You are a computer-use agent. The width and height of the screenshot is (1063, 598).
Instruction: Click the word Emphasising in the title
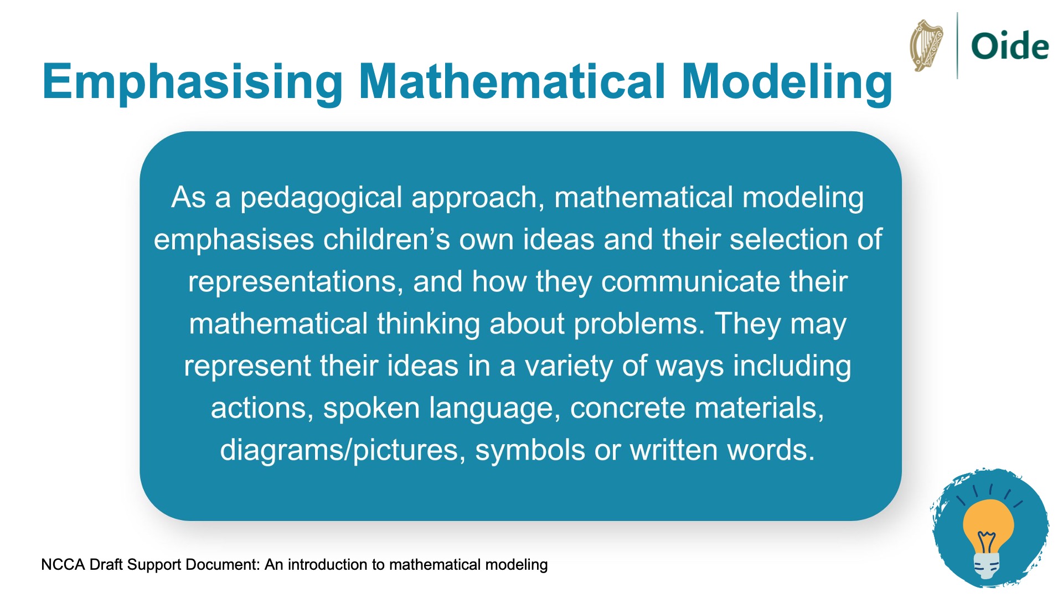[193, 82]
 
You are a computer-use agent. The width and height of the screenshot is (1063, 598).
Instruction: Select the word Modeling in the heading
[787, 82]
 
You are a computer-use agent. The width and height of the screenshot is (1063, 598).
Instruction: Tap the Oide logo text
[1010, 46]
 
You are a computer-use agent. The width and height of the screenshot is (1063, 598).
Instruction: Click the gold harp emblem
[926, 45]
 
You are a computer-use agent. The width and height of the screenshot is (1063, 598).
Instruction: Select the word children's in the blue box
[386, 240]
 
